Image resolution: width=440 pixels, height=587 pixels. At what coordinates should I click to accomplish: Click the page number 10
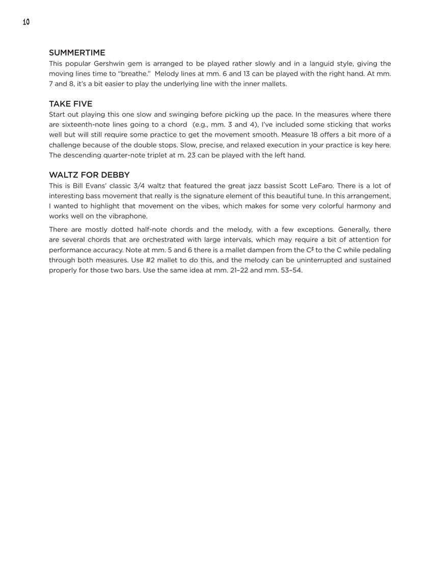(x=26, y=22)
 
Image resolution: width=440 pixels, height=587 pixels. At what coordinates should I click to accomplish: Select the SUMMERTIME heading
(x=77, y=53)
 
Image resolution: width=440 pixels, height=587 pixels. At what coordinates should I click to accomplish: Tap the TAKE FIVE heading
(x=70, y=104)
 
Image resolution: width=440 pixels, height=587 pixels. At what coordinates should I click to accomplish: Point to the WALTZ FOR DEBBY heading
(x=89, y=175)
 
